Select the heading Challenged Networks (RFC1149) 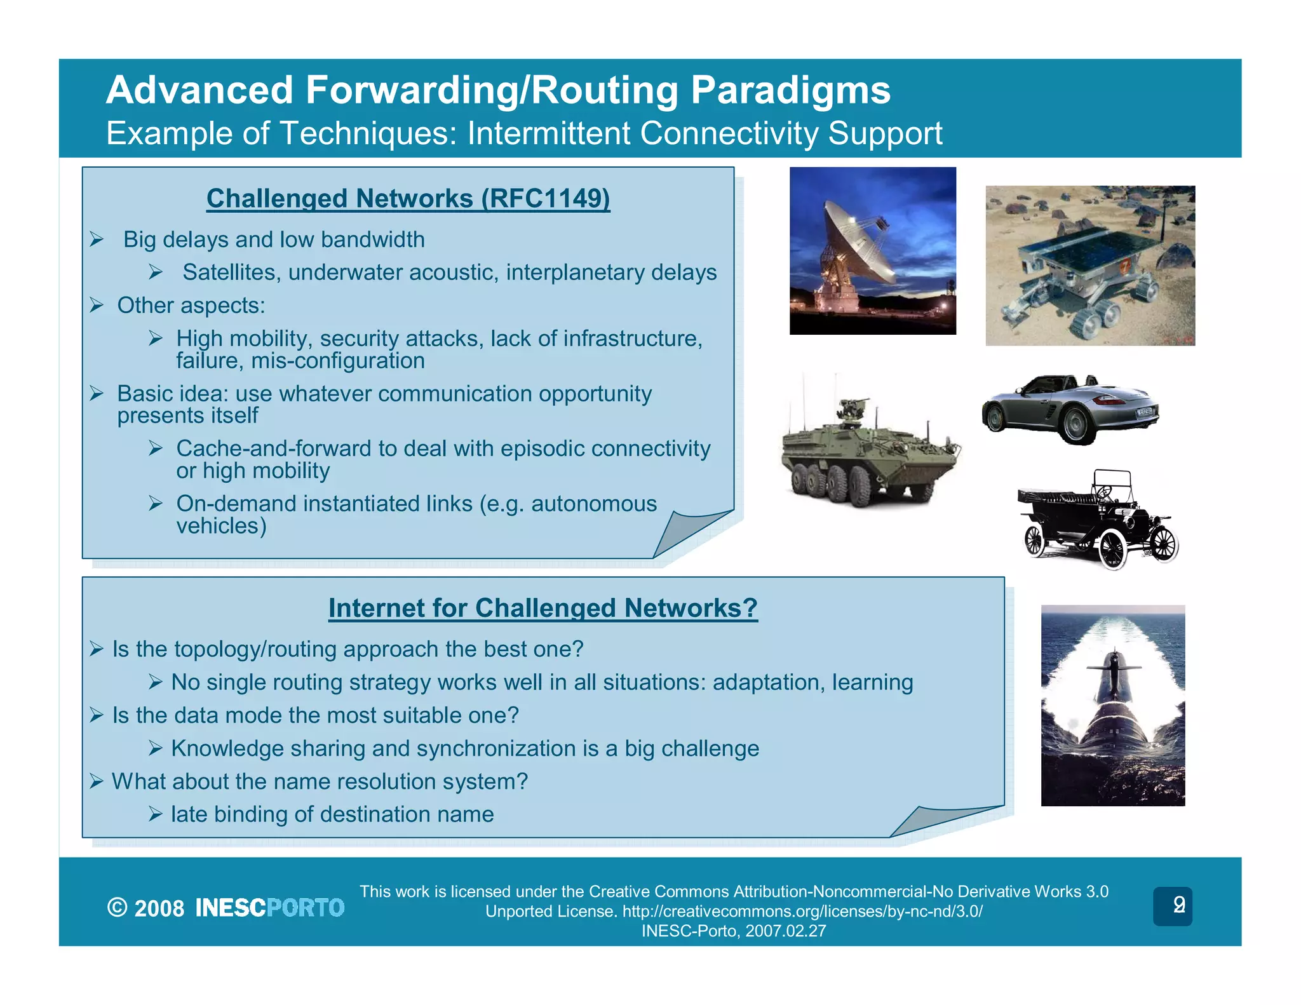[x=408, y=198]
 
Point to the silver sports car [x=1070, y=408]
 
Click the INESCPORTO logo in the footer [x=269, y=908]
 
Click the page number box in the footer [x=1172, y=906]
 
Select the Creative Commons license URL [x=802, y=912]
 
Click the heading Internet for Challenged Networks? [x=543, y=608]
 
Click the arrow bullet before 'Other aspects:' [x=97, y=306]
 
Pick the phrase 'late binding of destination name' [x=332, y=814]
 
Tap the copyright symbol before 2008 [x=117, y=908]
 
